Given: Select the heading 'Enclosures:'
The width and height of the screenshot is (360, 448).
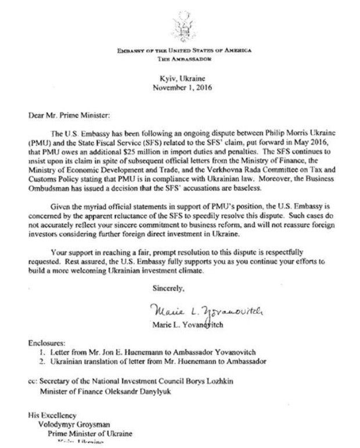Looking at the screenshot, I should [46, 343].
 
